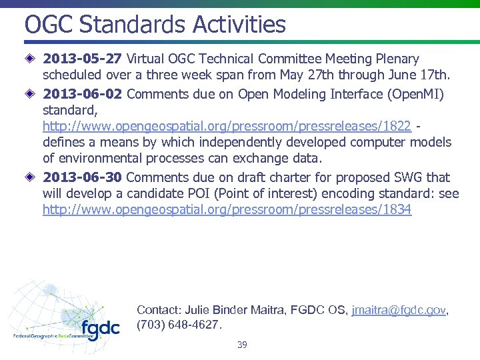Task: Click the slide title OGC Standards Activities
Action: coord(155,25)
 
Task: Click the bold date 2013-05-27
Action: coord(82,59)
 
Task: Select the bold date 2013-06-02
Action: coord(82,94)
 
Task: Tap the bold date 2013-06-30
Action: coord(82,177)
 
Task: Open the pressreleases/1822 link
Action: coord(227,127)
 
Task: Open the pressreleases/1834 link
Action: coord(227,210)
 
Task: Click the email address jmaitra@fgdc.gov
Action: coord(399,310)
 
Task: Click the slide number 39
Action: coord(242,345)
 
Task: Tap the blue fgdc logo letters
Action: coord(100,329)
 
